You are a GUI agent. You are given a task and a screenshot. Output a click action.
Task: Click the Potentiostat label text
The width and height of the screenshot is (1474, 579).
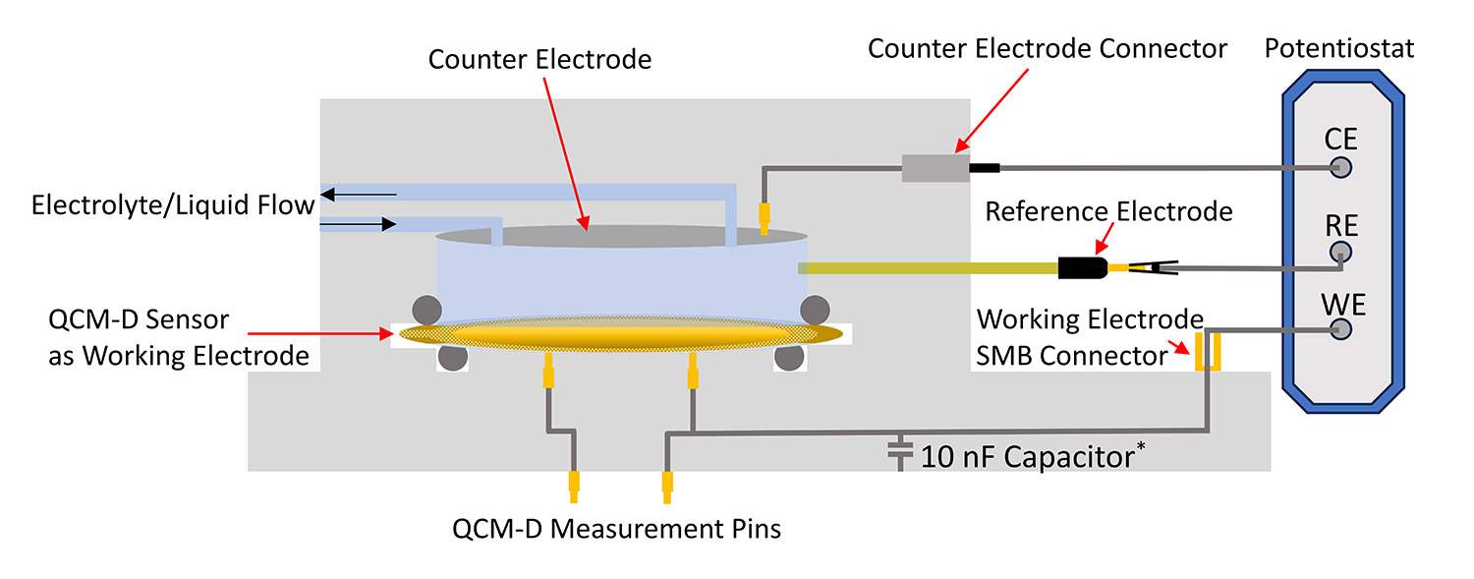(1339, 48)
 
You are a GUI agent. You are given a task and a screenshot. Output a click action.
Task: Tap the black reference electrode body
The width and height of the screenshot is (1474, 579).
(1081, 266)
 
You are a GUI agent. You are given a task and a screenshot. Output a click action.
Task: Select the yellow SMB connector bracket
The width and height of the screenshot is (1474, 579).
(1206, 352)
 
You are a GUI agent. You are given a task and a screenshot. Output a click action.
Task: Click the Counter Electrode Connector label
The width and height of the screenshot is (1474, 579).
(1048, 48)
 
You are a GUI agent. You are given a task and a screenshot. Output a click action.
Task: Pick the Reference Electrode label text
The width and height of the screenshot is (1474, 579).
(1108, 210)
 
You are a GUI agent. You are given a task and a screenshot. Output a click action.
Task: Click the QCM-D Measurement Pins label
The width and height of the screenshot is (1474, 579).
(616, 528)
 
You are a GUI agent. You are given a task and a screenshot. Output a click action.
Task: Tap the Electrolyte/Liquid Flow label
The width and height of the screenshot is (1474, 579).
(173, 205)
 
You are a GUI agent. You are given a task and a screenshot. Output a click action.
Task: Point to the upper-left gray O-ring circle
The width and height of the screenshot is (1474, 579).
(425, 310)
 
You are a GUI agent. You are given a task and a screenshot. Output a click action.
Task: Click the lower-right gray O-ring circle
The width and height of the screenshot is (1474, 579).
(789, 357)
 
